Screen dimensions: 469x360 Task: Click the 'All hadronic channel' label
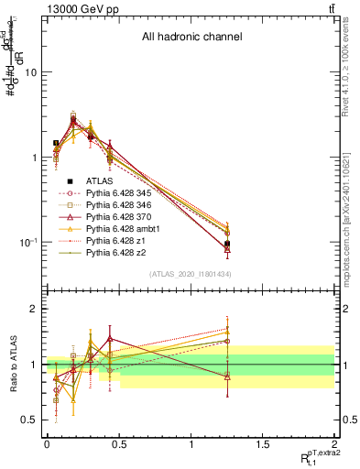pyautogui.click(x=191, y=38)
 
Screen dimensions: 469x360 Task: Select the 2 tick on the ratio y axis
pyautogui.click(x=34, y=309)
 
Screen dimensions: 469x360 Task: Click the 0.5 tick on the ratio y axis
pyautogui.click(x=30, y=420)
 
